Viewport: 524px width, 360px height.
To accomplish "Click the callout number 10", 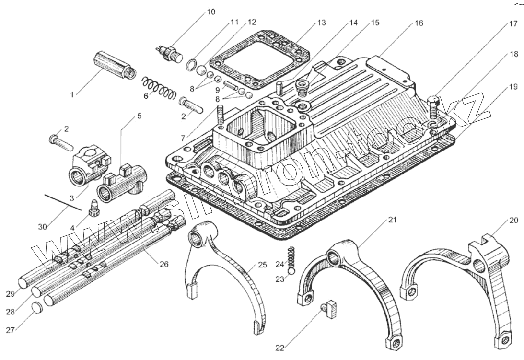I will point(211,12).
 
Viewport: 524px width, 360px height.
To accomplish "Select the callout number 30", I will point(42,226).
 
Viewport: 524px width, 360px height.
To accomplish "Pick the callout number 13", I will point(321,22).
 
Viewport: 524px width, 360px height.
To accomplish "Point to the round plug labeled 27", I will point(37,307).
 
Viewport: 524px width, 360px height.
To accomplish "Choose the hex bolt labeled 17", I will point(432,108).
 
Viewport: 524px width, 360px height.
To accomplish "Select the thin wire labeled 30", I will point(64,202).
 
